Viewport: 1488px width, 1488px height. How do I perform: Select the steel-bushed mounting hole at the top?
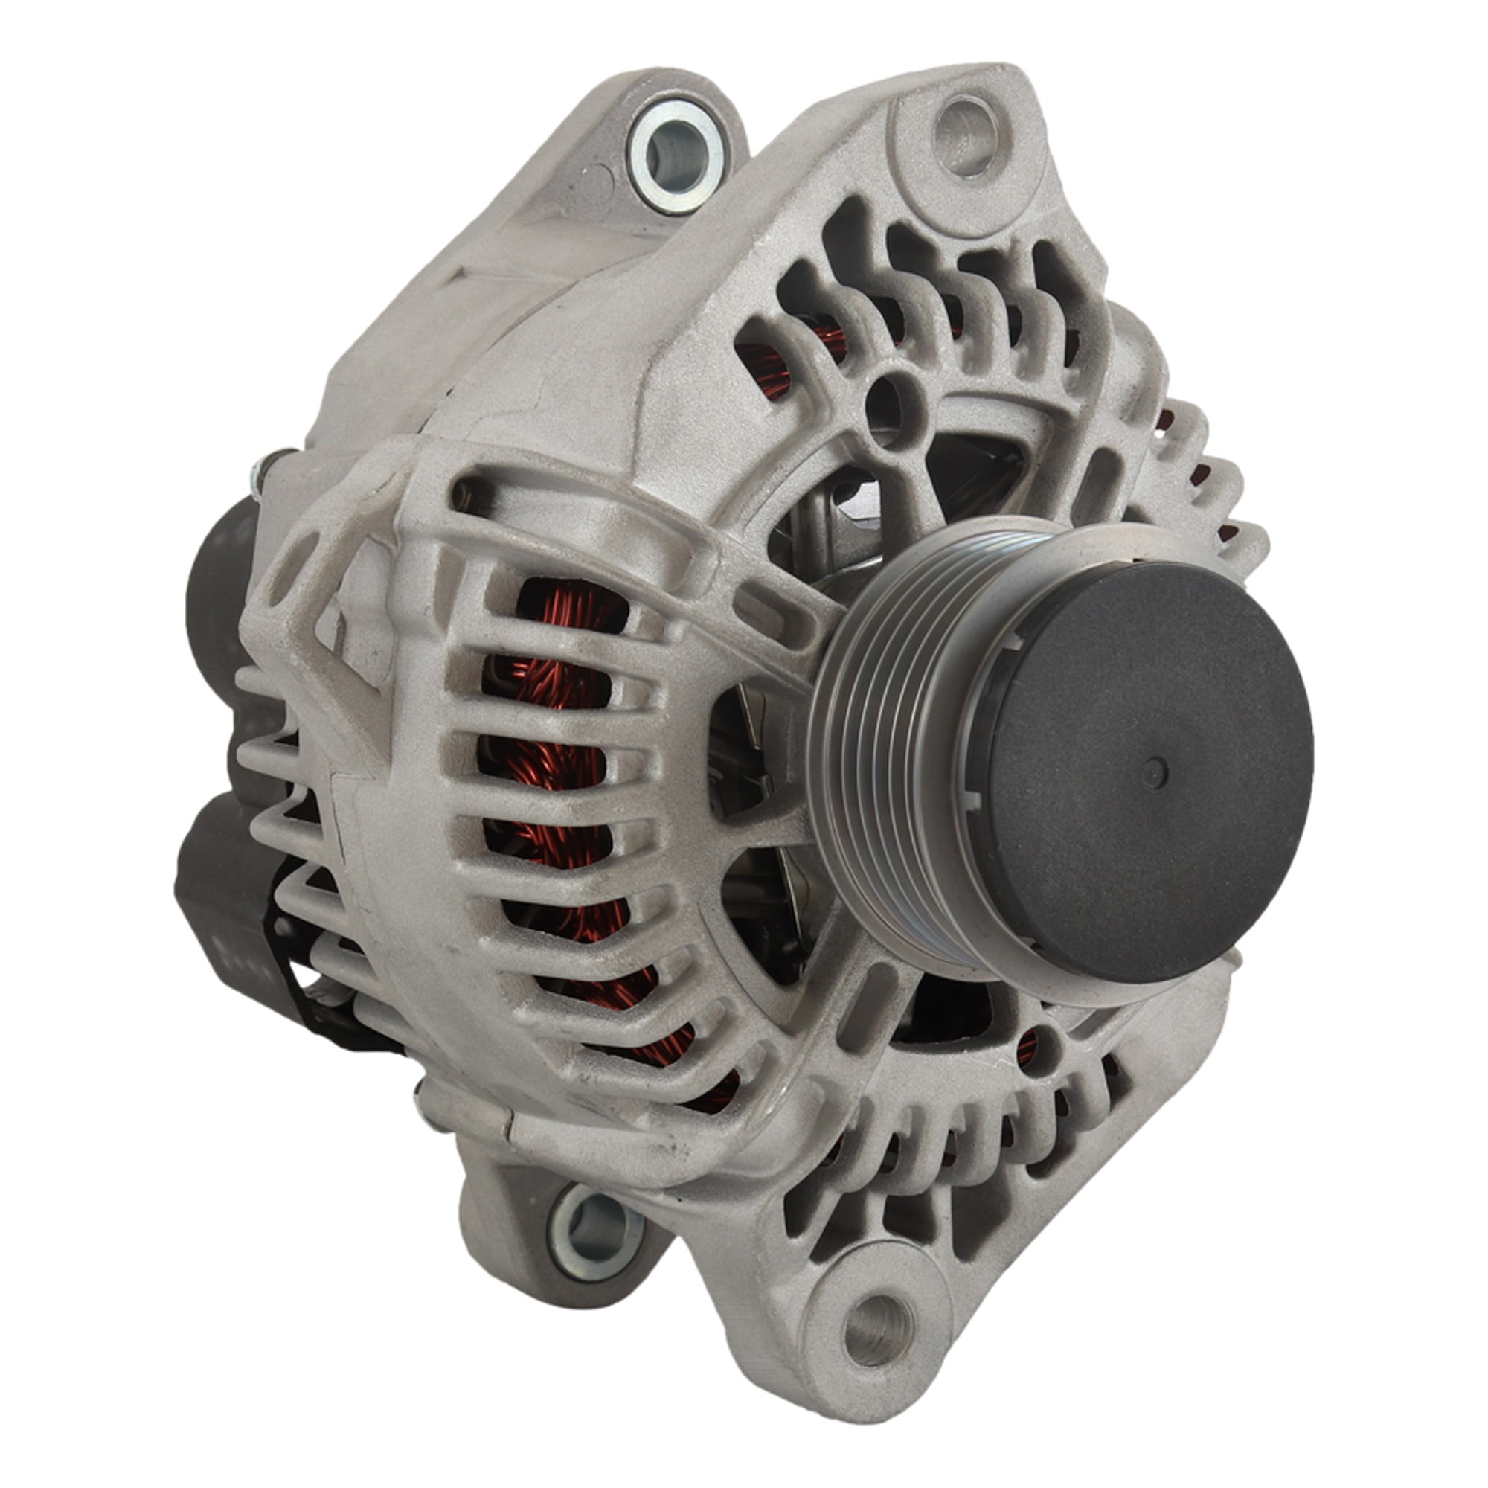(x=676, y=158)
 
